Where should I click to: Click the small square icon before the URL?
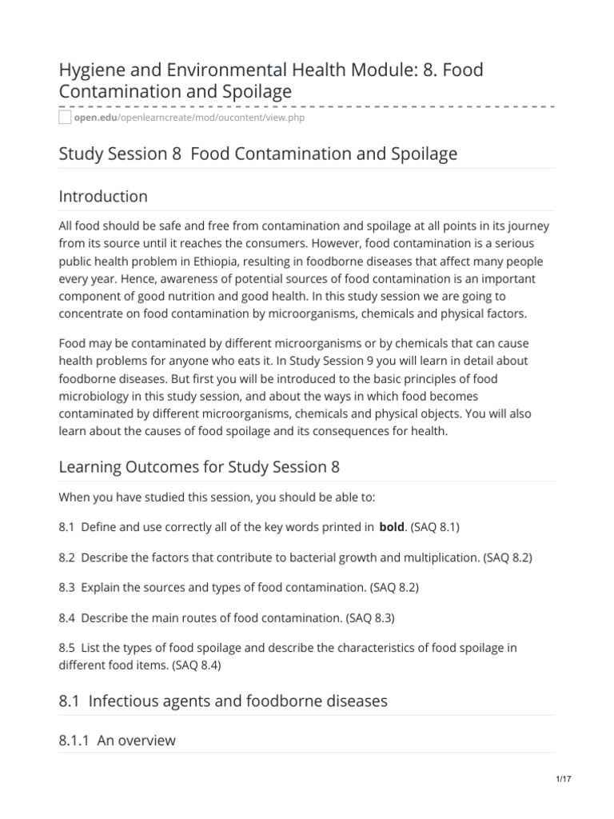tap(66, 118)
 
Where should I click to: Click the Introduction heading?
tap(103, 196)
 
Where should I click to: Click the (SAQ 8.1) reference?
tap(434, 526)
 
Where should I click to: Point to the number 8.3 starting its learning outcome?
tap(68, 587)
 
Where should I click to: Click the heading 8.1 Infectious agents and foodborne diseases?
tap(223, 701)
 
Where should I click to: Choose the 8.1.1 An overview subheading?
tap(117, 741)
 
